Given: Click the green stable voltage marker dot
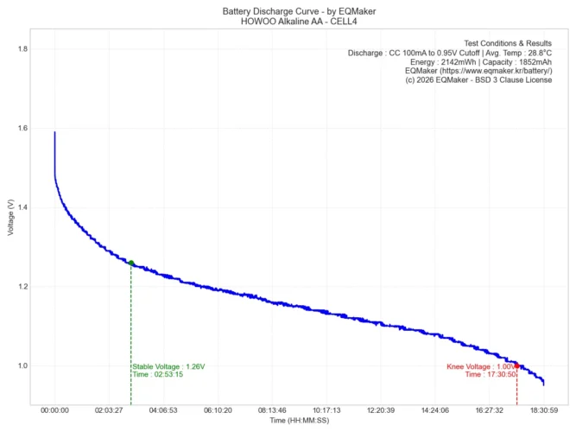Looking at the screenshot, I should [131, 263].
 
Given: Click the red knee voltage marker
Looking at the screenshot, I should [516, 366].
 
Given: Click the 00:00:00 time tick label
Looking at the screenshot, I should [54, 411].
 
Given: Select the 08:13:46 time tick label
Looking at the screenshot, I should [272, 411].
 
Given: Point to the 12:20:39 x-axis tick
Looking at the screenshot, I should [381, 411].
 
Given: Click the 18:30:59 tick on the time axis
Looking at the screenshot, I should [544, 411].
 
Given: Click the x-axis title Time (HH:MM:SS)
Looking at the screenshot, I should [300, 421].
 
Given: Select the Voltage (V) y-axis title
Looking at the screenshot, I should [9, 218].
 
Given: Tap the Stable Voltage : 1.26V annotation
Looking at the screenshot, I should [169, 366].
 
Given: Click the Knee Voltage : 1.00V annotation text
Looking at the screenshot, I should [480, 366].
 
